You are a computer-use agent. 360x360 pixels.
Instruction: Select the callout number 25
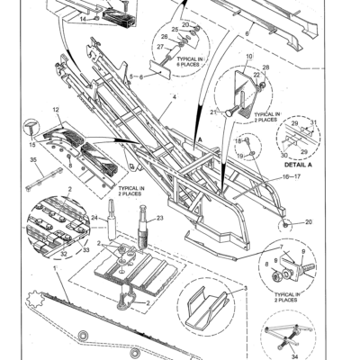pos(175,29)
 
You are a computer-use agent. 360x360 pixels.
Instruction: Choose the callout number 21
pos(213,112)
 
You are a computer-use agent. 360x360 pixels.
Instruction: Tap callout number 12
pos(56,110)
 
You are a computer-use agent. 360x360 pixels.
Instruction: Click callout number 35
pos(33,158)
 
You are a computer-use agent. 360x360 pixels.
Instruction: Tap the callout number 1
pos(53,270)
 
